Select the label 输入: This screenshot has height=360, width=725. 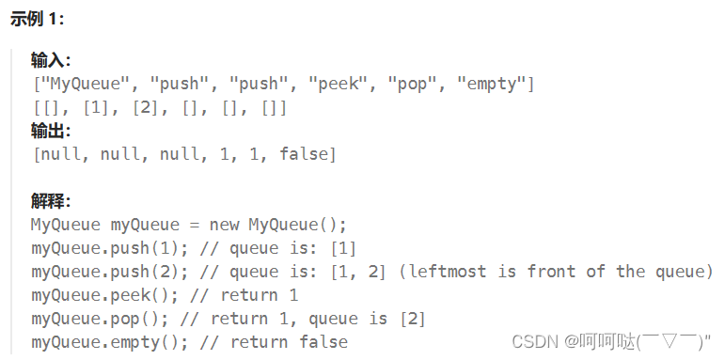pyautogui.click(x=51, y=61)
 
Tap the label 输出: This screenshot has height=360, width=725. pyautogui.click(x=51, y=131)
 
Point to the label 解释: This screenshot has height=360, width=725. pyautogui.click(x=51, y=201)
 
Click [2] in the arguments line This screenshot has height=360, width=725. pyautogui.click(x=146, y=107)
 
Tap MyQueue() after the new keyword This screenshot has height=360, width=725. pyautogui.click(x=297, y=225)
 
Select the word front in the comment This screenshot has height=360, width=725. pyautogui.click(x=552, y=272)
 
